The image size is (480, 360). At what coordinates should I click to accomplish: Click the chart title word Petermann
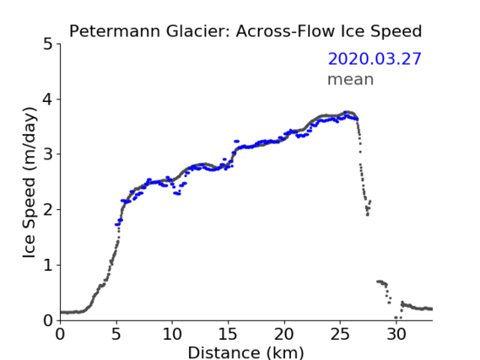point(115,31)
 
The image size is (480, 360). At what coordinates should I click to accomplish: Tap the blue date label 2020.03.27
point(375,59)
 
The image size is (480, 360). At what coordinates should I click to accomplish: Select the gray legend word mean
point(351,79)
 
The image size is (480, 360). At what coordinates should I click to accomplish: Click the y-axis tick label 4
point(48,99)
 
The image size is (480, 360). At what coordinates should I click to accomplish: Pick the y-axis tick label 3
point(48,154)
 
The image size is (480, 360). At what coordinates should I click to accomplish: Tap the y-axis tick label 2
point(48,210)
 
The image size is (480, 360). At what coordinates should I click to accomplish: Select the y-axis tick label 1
point(48,266)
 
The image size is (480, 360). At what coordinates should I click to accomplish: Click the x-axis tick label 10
point(172,334)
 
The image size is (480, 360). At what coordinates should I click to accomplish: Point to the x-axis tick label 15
point(228,334)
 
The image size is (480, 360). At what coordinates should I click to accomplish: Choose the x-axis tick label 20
point(284,334)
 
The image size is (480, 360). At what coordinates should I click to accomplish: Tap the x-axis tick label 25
point(340,334)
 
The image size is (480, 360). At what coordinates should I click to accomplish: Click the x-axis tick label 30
point(396,334)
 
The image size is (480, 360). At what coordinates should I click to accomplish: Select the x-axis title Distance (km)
point(245,352)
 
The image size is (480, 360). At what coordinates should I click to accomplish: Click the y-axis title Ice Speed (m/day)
point(30,183)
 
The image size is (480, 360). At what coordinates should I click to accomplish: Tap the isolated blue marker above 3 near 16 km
point(237,142)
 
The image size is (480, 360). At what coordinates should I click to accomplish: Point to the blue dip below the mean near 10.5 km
point(177,193)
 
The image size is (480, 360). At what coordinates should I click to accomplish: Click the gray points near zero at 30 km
point(398,318)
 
